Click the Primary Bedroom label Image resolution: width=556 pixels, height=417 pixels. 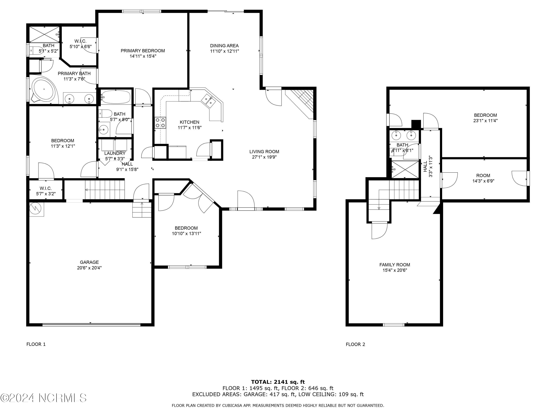pos(143,51)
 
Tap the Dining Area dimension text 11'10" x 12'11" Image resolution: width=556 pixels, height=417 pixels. pos(224,51)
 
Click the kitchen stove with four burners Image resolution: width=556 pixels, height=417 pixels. pos(160,123)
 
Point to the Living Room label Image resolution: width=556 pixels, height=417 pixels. pos(264,152)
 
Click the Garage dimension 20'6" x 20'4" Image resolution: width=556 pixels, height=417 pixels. pos(89,268)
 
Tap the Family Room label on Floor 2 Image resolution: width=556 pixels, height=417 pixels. pos(395,265)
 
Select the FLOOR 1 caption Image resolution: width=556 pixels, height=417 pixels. pos(36,344)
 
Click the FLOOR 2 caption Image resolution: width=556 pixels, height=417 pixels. pos(355,344)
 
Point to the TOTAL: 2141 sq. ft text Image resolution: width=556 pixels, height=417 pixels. pos(278,382)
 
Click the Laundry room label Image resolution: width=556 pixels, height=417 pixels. pos(115,153)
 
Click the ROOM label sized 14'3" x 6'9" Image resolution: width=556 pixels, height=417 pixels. pos(483,176)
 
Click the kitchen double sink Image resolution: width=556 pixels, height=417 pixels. pos(209,100)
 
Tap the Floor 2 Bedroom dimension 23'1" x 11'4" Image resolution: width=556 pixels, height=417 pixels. pos(485,120)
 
